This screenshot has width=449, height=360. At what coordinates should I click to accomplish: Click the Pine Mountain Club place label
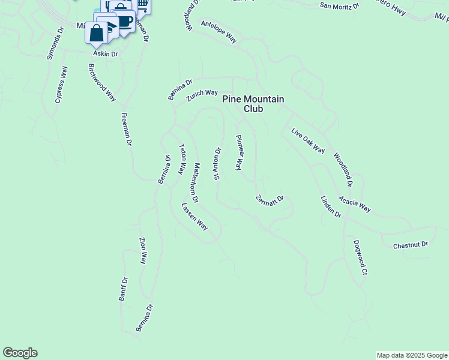253,104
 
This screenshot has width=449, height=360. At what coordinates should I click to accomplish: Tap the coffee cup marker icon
124,22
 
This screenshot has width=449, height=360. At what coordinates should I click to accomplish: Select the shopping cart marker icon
143,5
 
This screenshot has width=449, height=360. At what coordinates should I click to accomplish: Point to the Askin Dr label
105,54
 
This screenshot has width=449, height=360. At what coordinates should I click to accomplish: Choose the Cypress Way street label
61,85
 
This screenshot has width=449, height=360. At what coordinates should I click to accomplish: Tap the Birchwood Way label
101,82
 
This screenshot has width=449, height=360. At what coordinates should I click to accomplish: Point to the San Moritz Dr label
339,6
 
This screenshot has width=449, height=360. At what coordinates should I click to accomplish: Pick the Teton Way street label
182,158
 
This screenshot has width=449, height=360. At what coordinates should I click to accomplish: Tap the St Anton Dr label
218,163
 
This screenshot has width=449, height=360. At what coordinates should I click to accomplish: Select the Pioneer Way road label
239,152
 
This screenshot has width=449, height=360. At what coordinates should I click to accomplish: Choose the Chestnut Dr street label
411,245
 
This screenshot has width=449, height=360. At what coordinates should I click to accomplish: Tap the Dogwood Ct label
360,257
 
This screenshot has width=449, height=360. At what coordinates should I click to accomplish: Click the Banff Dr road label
123,289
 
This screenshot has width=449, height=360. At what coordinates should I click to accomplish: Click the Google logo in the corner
20,353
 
